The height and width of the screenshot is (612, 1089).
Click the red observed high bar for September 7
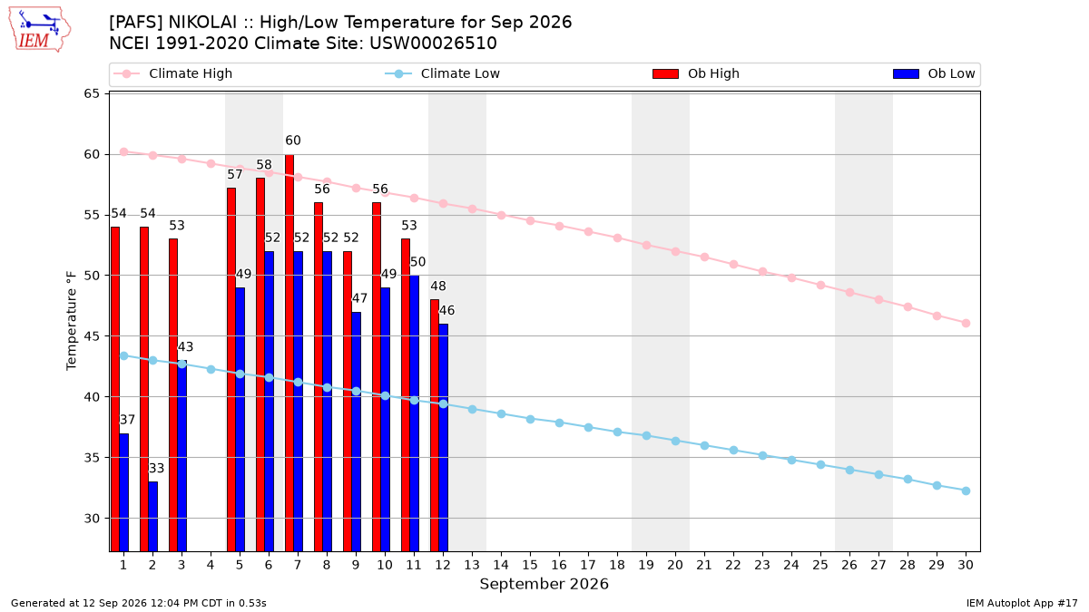(289, 353)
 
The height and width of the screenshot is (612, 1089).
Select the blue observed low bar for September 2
(152, 516)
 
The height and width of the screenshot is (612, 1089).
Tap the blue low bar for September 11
(414, 413)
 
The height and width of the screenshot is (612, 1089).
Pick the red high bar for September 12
(435, 425)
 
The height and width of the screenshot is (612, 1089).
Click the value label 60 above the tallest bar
(292, 141)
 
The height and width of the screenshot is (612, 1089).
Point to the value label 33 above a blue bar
(156, 468)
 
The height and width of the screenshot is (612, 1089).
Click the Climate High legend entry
(173, 73)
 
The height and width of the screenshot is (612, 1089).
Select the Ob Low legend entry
(934, 73)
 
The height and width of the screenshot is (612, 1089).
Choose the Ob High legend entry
(696, 73)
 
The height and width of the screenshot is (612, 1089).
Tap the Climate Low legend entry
(443, 73)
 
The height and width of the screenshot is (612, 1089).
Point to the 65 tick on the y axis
(92, 93)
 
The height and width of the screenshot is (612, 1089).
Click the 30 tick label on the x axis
(966, 564)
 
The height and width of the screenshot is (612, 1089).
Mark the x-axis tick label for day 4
(211, 564)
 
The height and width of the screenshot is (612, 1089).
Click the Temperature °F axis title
(72, 321)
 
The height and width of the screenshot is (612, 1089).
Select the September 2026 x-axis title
(544, 584)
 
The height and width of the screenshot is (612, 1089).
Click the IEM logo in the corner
(39, 30)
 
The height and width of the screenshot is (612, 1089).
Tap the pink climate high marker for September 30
(966, 323)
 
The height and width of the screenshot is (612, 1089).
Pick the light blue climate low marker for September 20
(675, 441)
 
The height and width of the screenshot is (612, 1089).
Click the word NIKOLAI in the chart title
(202, 23)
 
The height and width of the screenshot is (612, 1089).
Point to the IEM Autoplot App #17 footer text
(1022, 603)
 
